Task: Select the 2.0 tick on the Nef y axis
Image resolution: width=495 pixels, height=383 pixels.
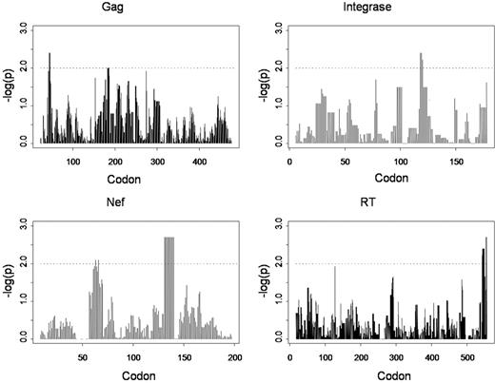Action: point(20,263)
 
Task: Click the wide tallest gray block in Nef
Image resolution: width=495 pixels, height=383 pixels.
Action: point(169,285)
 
